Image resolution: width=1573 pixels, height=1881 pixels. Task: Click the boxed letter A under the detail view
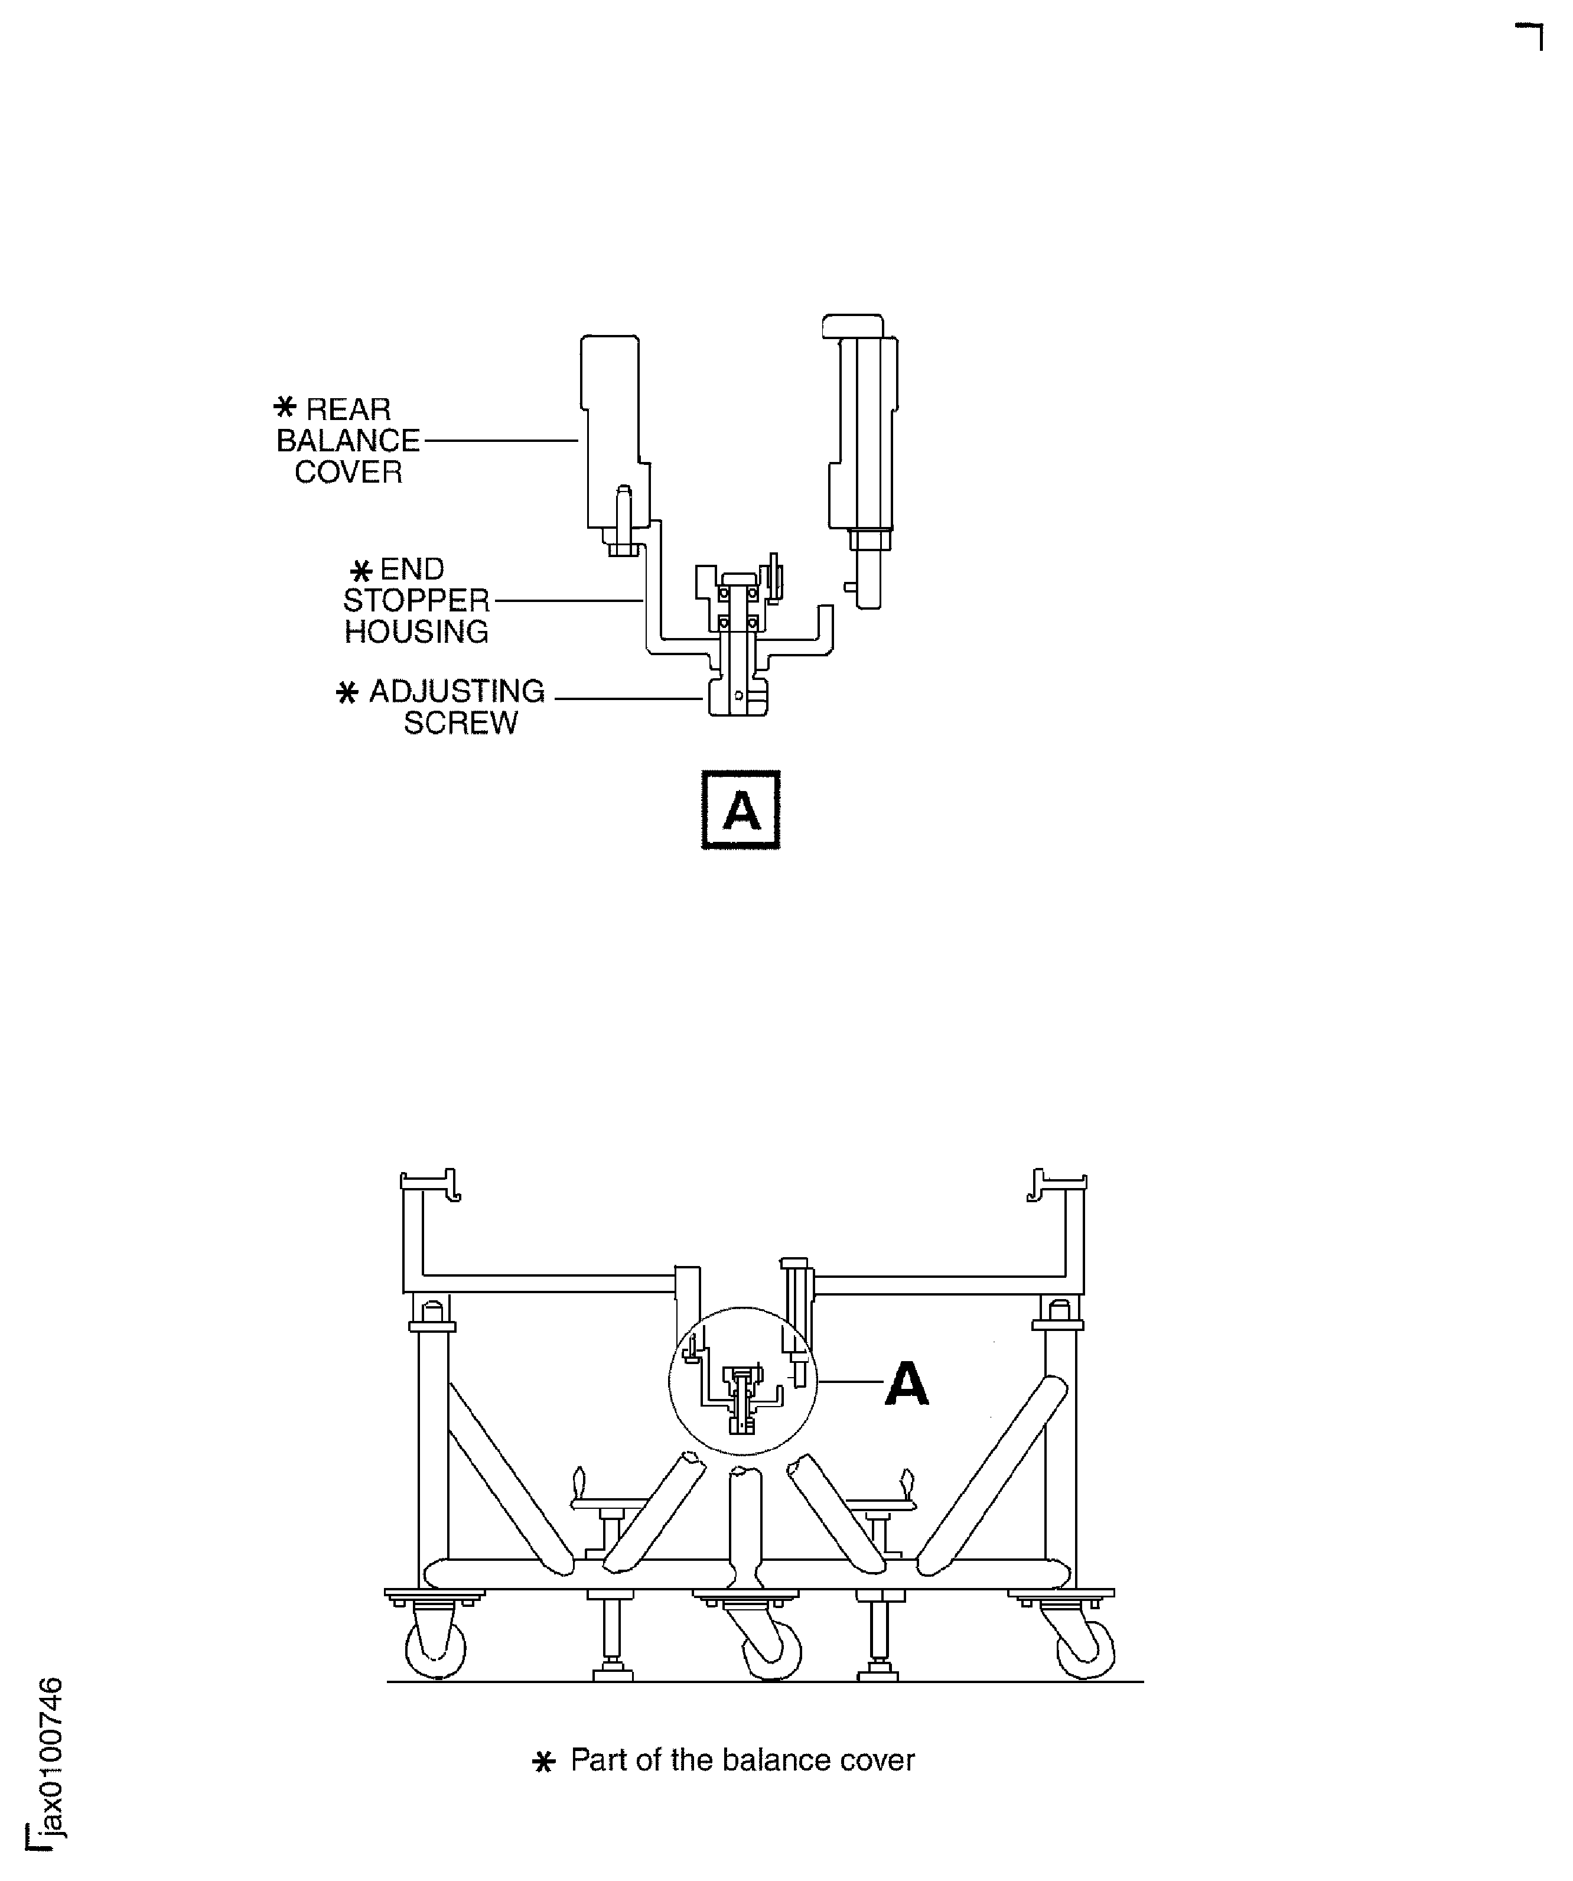(741, 810)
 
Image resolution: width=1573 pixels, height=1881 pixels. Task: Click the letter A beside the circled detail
(907, 1384)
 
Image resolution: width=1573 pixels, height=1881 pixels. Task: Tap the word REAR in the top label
(349, 409)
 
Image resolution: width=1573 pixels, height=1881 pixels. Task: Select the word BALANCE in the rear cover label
(349, 441)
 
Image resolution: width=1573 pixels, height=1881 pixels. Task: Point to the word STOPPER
(416, 600)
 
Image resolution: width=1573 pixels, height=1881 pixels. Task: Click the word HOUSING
(416, 632)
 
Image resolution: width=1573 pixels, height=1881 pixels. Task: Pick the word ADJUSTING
(457, 691)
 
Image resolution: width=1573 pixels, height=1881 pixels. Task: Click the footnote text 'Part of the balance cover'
(742, 1760)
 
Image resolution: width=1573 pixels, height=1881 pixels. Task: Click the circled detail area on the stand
(742, 1380)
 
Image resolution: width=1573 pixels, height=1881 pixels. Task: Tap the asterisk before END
(361, 571)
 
